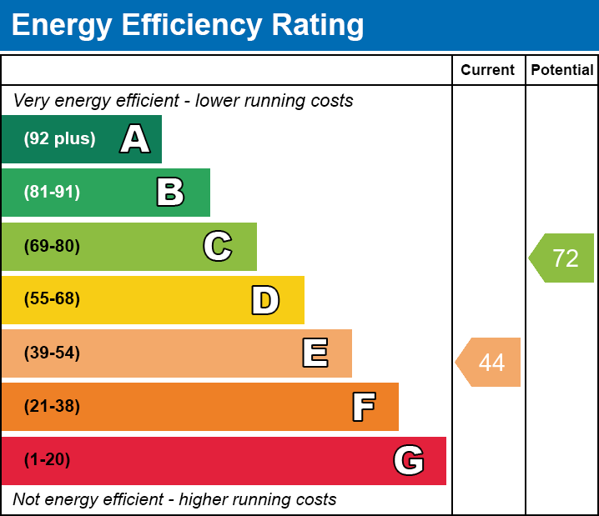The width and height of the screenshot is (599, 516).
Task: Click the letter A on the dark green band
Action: click(135, 139)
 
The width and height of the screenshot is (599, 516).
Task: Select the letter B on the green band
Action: click(170, 193)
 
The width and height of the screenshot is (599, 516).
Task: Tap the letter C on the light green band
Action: click(218, 246)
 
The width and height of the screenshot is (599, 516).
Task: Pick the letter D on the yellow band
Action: click(265, 300)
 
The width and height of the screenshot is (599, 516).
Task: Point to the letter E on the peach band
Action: click(315, 353)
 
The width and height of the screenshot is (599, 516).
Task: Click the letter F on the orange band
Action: click(363, 407)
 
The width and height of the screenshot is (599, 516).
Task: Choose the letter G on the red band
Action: click(409, 460)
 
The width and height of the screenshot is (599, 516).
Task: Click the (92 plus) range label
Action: click(59, 139)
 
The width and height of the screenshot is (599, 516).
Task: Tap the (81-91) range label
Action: click(52, 193)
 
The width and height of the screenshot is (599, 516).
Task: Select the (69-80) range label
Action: click(52, 246)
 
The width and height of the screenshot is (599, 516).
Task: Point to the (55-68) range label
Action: click(52, 299)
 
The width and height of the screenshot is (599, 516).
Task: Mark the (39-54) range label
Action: click(52, 353)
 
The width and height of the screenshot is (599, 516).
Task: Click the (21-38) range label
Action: click(52, 407)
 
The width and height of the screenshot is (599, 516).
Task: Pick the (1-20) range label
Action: click(48, 460)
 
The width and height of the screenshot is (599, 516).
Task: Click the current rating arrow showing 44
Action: click(489, 363)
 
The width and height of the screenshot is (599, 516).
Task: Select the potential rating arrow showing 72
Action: click(562, 258)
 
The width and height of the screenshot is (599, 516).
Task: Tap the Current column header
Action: click(488, 70)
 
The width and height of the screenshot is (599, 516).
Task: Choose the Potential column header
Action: click(562, 70)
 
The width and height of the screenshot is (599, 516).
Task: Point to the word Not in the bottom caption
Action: click(28, 500)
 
